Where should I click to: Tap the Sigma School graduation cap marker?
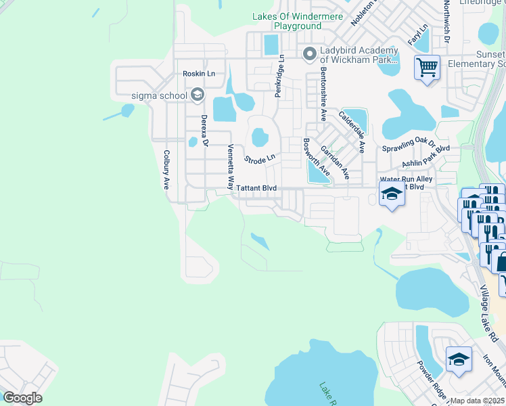[x=197, y=95]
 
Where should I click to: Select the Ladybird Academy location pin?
[x=310, y=53]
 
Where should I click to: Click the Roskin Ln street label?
[x=198, y=74]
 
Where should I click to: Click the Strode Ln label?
[x=260, y=160]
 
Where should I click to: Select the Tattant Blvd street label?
[x=256, y=188]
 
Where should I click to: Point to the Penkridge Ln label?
[x=279, y=76]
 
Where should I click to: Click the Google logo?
[x=22, y=397]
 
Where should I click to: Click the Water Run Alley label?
[x=407, y=179]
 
